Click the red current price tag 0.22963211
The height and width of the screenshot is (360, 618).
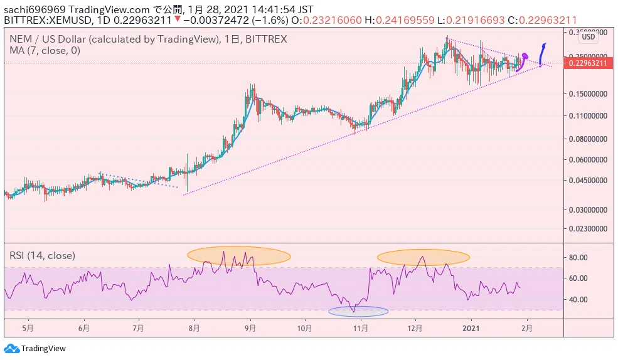pyautogui.click(x=588, y=63)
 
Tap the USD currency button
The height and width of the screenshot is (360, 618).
pyautogui.click(x=589, y=37)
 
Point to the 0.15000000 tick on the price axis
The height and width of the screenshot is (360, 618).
pyautogui.click(x=588, y=93)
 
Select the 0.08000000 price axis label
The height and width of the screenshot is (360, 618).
pyautogui.click(x=588, y=139)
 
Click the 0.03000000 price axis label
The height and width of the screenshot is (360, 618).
pyautogui.click(x=588, y=210)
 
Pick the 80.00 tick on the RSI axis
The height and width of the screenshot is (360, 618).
pyautogui.click(x=578, y=258)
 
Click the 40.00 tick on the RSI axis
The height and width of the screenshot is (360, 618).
pyautogui.click(x=578, y=299)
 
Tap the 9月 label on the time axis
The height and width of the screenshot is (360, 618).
pyautogui.click(x=250, y=328)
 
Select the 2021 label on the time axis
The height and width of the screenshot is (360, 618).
pyautogui.click(x=471, y=328)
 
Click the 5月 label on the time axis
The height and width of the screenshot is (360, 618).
pyautogui.click(x=28, y=328)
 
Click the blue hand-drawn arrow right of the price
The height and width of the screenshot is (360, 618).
pyautogui.click(x=542, y=54)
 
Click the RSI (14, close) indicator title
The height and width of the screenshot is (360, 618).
pyautogui.click(x=42, y=256)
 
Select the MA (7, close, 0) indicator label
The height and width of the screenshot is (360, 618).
pyautogui.click(x=45, y=50)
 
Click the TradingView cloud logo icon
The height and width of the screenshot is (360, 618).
pyautogui.click(x=11, y=349)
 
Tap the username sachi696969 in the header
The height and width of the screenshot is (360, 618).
pyautogui.click(x=35, y=9)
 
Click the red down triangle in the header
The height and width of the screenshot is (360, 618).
pyautogui.click(x=178, y=19)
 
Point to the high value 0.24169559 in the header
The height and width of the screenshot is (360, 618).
pyautogui.click(x=405, y=20)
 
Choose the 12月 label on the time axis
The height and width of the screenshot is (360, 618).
pyautogui.click(x=415, y=328)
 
